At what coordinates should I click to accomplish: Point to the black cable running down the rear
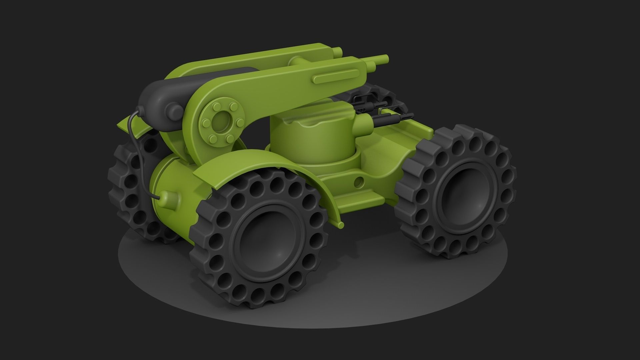point(137,150)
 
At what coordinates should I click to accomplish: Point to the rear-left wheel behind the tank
point(133,187)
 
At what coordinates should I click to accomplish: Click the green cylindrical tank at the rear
point(173,187)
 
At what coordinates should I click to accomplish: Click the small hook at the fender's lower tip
point(341,225)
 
